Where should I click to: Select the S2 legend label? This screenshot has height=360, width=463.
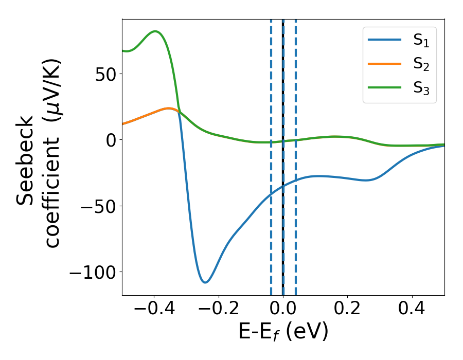421,65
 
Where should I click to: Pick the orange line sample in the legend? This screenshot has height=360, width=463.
384,64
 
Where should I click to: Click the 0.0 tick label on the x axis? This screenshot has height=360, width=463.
283,310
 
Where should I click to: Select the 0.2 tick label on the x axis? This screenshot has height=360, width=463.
348,310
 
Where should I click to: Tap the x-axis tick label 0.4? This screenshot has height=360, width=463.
412,310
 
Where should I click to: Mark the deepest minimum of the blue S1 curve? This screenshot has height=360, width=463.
205,282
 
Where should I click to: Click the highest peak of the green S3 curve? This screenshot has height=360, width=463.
155,31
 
